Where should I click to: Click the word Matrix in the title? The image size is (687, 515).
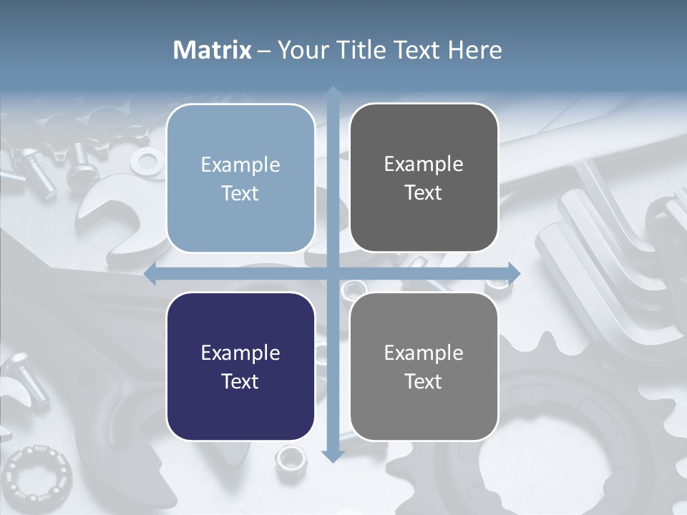(x=212, y=50)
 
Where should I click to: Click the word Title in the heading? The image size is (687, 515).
(x=372, y=50)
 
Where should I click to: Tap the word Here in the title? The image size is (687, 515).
(x=474, y=50)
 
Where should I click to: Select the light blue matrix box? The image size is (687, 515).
(x=240, y=178)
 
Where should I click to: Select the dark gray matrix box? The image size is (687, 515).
(x=424, y=178)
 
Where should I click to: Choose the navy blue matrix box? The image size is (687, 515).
(x=240, y=366)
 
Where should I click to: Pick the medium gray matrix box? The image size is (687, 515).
(x=424, y=366)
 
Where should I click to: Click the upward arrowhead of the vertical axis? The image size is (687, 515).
(x=332, y=94)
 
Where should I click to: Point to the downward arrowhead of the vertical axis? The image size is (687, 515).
(x=332, y=455)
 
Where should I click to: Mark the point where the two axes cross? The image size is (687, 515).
(x=332, y=273)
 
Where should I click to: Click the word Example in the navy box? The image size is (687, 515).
(x=240, y=353)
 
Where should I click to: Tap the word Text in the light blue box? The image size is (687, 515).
(x=240, y=194)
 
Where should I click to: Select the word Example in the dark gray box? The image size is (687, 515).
(x=424, y=164)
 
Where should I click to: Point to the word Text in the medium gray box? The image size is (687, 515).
(x=424, y=381)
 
